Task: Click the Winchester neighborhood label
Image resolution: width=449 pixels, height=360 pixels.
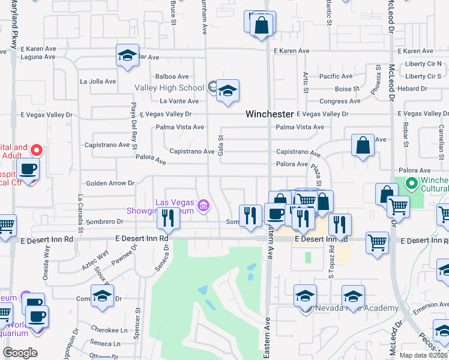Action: pyautogui.click(x=270, y=114)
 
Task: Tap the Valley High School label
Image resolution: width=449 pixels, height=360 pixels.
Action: pyautogui.click(x=169, y=88)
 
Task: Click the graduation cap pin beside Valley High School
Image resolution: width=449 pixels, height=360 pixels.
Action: pyautogui.click(x=228, y=92)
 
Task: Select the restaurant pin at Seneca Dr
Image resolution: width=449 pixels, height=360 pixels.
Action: pyautogui.click(x=168, y=218)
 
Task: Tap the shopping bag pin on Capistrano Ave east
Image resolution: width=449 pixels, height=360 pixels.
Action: pyautogui.click(x=363, y=146)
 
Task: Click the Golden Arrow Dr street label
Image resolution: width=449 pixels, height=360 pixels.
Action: pyautogui.click(x=110, y=183)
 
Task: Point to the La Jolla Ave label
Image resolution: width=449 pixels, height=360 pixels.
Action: pyautogui.click(x=98, y=82)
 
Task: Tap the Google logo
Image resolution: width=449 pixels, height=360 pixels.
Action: pyautogui.click(x=20, y=353)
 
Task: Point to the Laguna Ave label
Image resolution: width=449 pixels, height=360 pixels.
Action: pyautogui.click(x=38, y=58)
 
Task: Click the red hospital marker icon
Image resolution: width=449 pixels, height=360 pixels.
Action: pyautogui.click(x=37, y=149)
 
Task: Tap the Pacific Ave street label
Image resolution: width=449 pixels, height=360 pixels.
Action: pyautogui.click(x=336, y=76)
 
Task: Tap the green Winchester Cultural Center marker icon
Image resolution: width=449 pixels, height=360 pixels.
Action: pyautogui.click(x=411, y=183)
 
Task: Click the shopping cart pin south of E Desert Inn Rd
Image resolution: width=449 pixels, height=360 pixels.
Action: pyautogui.click(x=378, y=243)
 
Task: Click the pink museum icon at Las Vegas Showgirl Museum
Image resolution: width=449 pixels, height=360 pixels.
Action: pyautogui.click(x=203, y=206)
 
